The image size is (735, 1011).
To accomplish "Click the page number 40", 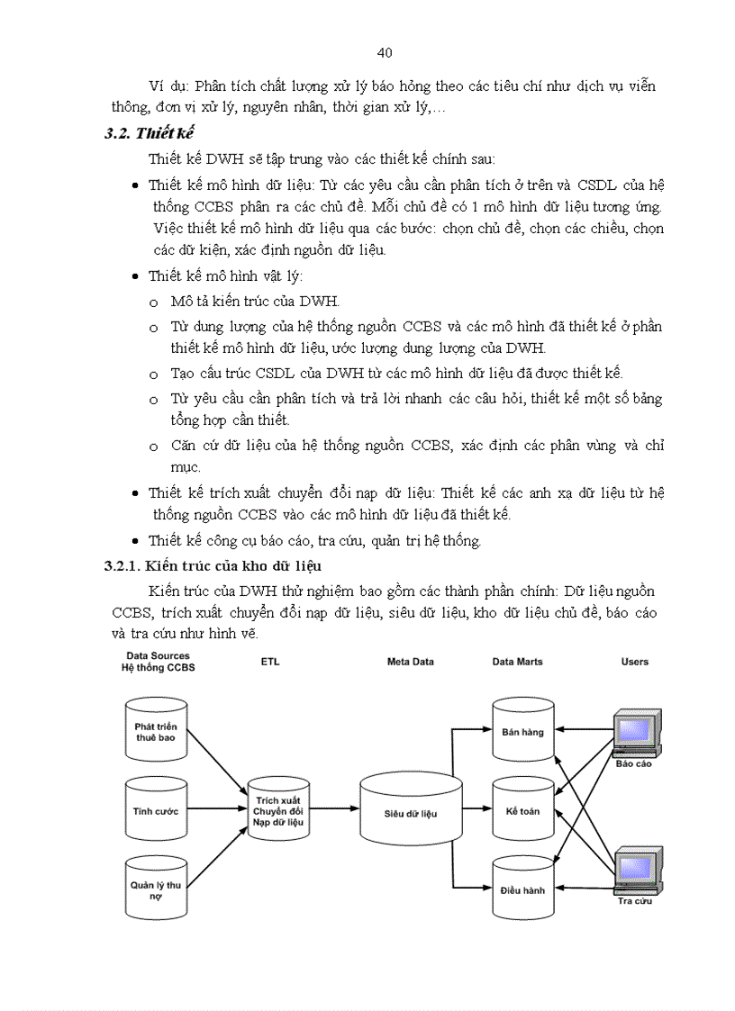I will point(385,53).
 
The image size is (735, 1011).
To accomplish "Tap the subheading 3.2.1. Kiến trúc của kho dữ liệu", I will point(213,565).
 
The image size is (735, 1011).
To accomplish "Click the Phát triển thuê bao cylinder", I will point(156,731).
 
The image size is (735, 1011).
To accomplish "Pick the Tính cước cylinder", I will point(156,811).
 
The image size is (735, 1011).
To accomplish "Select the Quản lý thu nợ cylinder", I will point(156,889).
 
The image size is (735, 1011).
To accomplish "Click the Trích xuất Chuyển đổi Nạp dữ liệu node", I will point(278,811).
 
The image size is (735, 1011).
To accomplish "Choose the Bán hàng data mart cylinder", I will point(522,731).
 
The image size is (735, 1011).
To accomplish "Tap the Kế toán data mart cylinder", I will point(522,811).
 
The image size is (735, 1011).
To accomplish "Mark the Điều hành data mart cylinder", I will point(522,889).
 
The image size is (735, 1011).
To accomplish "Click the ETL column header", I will point(270,662).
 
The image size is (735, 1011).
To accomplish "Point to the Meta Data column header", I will point(410,662).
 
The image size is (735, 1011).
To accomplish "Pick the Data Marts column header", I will point(517,662).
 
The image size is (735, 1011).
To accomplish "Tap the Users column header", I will point(634,662).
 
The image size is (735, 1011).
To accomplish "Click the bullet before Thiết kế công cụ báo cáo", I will point(135,541).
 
